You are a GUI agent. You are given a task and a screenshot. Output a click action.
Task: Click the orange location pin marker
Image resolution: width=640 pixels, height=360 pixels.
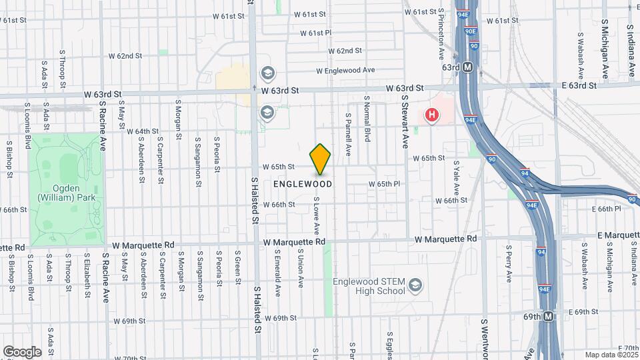[321, 159]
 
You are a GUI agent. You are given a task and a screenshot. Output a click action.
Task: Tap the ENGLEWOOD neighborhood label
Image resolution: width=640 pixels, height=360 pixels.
[303, 183]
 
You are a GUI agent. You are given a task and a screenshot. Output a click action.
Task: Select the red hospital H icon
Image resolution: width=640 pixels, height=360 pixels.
[432, 115]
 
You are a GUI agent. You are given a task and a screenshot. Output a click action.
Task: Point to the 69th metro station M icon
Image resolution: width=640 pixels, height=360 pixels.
[548, 316]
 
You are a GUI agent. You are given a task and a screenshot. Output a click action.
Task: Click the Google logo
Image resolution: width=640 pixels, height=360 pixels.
[22, 352]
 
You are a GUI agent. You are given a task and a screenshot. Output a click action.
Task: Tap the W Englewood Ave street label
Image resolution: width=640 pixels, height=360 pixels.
[345, 70]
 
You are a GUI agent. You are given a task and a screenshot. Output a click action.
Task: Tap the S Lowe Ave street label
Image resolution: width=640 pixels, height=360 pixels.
[316, 215]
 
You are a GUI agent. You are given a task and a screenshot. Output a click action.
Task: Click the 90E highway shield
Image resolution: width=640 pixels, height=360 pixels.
[470, 31]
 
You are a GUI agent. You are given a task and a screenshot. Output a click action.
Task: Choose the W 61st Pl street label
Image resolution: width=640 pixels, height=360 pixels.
[315, 33]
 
